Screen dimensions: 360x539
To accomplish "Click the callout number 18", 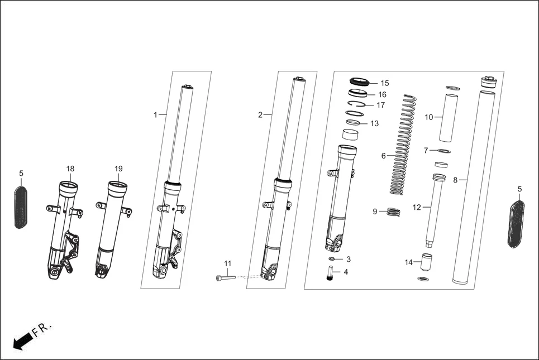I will click(x=70, y=169).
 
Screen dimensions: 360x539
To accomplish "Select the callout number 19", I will click(x=118, y=169).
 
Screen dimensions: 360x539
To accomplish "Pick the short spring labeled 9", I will click(x=395, y=212).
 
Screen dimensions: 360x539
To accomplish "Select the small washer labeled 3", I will click(x=332, y=260).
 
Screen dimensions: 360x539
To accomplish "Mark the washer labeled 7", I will click(x=443, y=151).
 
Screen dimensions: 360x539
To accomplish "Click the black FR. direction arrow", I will click(x=20, y=340).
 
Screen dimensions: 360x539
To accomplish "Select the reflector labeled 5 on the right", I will click(x=517, y=225).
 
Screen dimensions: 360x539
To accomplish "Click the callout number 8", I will click(x=455, y=180).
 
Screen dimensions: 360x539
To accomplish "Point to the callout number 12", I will click(x=417, y=207).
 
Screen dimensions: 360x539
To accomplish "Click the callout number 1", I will click(x=156, y=114).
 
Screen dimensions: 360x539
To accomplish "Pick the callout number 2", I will click(x=260, y=115).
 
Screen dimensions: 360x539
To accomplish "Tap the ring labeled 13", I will click(x=353, y=123).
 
